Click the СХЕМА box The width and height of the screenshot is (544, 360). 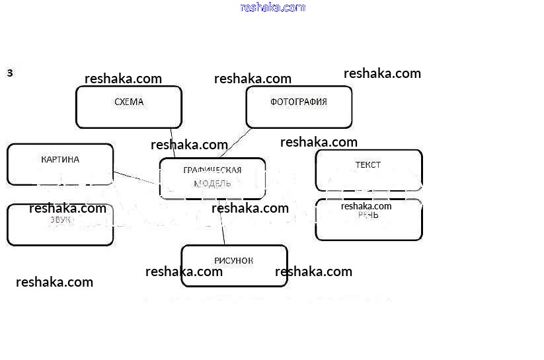coord(128,106)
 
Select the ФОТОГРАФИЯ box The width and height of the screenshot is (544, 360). coord(299,106)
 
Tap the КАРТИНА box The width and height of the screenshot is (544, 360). coord(59,164)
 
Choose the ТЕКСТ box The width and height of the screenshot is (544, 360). coord(368,170)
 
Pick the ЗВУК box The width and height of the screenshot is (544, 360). coord(59,225)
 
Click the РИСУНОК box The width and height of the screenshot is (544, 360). coord(234,266)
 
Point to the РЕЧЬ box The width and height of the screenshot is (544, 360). coord(368,220)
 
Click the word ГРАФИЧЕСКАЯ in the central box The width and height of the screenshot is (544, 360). coord(212,170)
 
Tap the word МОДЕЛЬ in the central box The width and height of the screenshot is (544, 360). coord(212,184)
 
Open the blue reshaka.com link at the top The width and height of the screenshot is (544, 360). coord(273,7)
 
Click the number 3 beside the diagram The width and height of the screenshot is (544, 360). coord(10,73)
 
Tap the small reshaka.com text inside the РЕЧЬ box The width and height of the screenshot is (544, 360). coord(366,206)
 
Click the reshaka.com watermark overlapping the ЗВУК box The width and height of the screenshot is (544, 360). coord(67,209)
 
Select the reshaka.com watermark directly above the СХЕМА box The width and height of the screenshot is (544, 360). coord(123,79)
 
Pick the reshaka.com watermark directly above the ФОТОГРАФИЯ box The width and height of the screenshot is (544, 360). coord(253,79)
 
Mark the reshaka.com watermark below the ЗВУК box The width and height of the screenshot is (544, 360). coord(54,282)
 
